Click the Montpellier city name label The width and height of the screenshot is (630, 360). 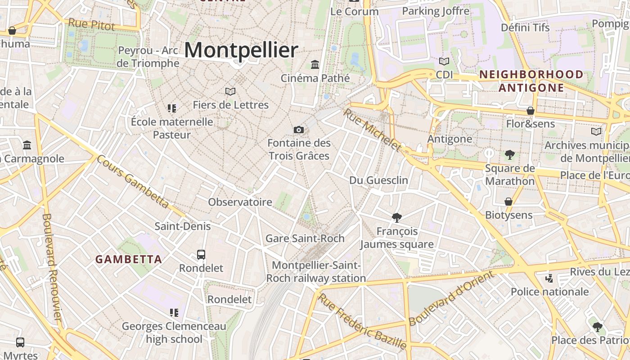pyautogui.click(x=241, y=50)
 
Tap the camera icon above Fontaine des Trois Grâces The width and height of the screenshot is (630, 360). pyautogui.click(x=298, y=130)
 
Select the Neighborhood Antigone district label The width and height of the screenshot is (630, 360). pyautogui.click(x=531, y=81)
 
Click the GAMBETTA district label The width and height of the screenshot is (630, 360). pyautogui.click(x=129, y=259)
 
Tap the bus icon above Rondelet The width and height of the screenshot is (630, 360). pyautogui.click(x=201, y=255)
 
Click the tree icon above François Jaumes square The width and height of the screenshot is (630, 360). pyautogui.click(x=396, y=218)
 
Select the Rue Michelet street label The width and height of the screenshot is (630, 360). pyautogui.click(x=372, y=130)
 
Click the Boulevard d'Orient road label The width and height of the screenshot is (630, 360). pyautogui.click(x=452, y=298)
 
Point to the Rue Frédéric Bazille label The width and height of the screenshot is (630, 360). pyautogui.click(x=362, y=321)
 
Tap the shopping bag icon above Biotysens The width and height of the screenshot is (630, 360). pyautogui.click(x=508, y=202)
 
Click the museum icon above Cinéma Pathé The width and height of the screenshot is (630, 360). pyautogui.click(x=315, y=65)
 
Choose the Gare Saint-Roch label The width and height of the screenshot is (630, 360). pyautogui.click(x=305, y=238)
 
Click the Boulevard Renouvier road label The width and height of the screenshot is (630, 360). pyautogui.click(x=52, y=267)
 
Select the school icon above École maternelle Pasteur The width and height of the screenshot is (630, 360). pyautogui.click(x=172, y=108)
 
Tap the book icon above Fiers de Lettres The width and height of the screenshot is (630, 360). pyautogui.click(x=230, y=92)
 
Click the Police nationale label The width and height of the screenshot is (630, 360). pyautogui.click(x=550, y=292)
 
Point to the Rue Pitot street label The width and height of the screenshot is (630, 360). pyautogui.click(x=92, y=24)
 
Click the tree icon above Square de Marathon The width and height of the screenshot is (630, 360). pyautogui.click(x=509, y=155)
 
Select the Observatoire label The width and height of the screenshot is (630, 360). pyautogui.click(x=240, y=202)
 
